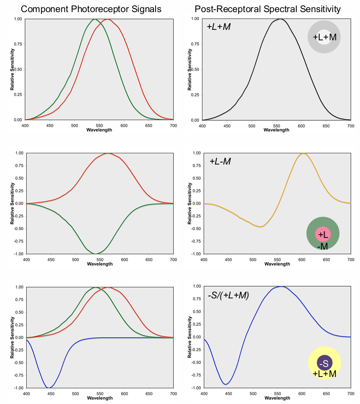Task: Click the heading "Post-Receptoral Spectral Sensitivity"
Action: pos(268,8)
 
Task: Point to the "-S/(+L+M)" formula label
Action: pos(228,295)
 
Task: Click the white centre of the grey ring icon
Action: pos(325,37)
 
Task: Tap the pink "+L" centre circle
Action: pos(323,234)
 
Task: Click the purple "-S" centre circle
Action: pos(324,363)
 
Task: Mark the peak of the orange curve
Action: pos(303,153)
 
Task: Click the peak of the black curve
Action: pos(281,19)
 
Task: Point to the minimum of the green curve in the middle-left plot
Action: pos(95,254)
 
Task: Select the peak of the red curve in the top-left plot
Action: pos(108,19)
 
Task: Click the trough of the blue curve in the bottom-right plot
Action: pos(227,383)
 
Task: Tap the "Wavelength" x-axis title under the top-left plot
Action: pos(99,130)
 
